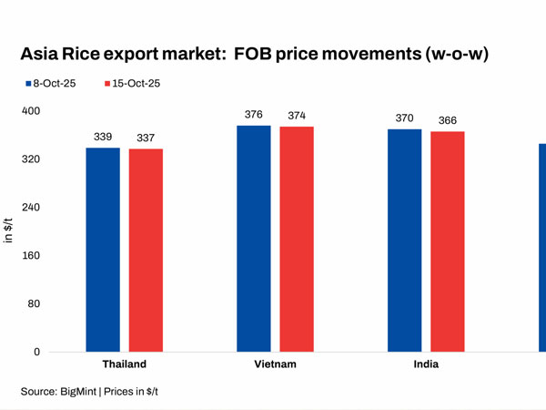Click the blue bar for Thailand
click(x=103, y=250)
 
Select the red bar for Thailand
click(x=146, y=251)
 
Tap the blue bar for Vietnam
click(x=254, y=239)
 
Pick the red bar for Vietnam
click(x=297, y=240)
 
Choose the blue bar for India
click(x=405, y=241)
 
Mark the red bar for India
click(x=448, y=241)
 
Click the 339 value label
click(x=103, y=137)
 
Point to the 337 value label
click(x=146, y=138)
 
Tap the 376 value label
click(x=254, y=115)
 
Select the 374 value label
click(x=297, y=116)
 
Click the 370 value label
click(x=405, y=118)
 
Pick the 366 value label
click(x=448, y=120)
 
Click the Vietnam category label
click(x=275, y=364)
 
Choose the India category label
click(x=426, y=364)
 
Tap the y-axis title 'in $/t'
click(x=10, y=231)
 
